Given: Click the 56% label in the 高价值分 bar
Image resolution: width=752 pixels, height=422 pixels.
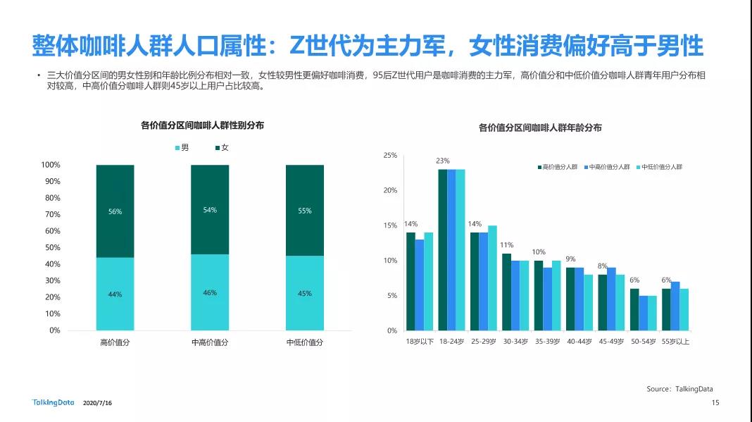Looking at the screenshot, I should [115, 211].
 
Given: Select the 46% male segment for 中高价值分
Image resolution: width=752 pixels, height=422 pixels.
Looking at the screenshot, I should [210, 292].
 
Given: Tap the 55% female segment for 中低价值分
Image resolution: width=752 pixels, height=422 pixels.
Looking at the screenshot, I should [304, 210].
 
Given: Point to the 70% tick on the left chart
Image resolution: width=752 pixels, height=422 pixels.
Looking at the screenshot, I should [51, 214].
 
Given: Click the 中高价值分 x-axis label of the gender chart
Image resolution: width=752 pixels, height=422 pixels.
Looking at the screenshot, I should [210, 342].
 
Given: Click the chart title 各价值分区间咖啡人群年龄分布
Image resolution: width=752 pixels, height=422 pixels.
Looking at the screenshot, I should [540, 128].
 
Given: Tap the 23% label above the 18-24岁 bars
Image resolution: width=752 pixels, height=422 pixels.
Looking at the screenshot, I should [443, 161].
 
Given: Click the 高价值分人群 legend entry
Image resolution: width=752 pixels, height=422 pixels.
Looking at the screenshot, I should [557, 167].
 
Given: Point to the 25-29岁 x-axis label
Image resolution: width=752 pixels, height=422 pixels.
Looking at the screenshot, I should [484, 342].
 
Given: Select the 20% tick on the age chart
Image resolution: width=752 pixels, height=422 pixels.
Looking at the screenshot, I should [389, 190].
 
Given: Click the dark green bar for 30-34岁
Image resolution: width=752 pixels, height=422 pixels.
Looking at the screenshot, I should [507, 292].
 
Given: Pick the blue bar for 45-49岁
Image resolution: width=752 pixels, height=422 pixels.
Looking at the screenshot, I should [611, 299].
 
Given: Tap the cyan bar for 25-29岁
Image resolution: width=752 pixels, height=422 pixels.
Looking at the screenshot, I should [493, 278].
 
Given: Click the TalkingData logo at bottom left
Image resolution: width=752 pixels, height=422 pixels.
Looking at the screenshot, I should [51, 403].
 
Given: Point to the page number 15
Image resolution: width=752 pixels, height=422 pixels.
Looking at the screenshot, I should [715, 403].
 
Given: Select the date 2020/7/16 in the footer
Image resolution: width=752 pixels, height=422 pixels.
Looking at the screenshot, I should [97, 404].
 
